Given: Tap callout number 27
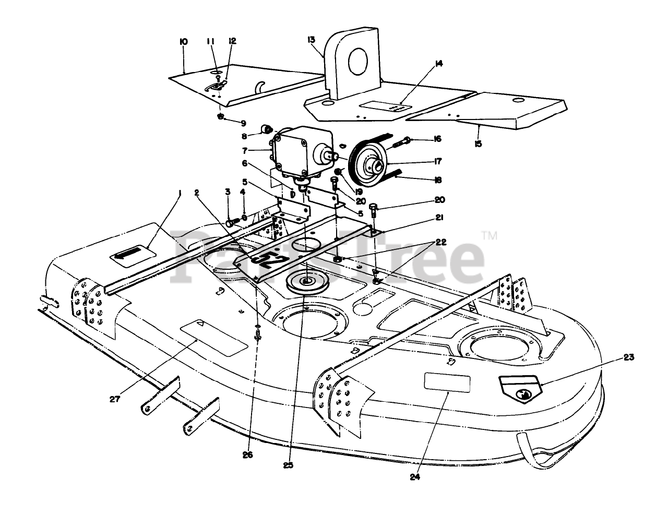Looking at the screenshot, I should click(x=115, y=399).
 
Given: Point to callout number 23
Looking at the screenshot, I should click(x=629, y=358).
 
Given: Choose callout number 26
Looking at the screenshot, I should click(x=247, y=455).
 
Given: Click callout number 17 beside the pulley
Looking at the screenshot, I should click(x=437, y=159).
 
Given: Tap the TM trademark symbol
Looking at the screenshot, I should click(x=491, y=236).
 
